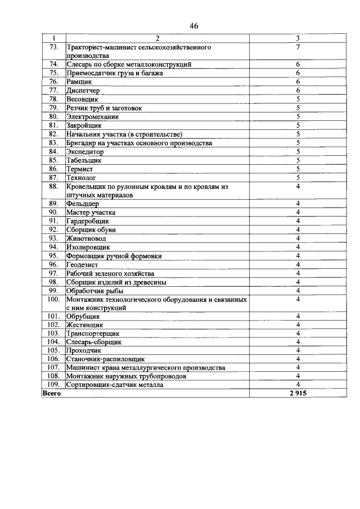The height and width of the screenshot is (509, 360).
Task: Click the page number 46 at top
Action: click(x=194, y=26)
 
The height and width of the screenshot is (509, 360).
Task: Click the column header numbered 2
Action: click(x=157, y=39)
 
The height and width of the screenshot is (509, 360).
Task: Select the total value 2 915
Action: click(x=298, y=394)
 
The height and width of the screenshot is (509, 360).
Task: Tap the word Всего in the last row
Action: click(x=52, y=394)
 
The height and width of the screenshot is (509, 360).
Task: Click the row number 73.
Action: click(x=54, y=48)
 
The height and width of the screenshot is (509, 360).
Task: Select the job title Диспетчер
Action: click(x=83, y=90)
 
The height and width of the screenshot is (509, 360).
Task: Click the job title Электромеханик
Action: click(x=92, y=116)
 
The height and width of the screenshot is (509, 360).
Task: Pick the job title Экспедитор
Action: click(x=85, y=151)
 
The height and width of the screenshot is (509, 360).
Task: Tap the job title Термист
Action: click(x=79, y=169)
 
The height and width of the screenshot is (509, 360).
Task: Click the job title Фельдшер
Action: click(x=83, y=204)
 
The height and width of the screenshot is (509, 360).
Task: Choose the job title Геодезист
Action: click(x=82, y=264)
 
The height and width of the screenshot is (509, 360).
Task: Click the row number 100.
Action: click(x=54, y=300)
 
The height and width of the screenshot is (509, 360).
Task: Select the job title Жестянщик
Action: click(x=84, y=325)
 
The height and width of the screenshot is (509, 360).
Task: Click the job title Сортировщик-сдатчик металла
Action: click(x=115, y=385)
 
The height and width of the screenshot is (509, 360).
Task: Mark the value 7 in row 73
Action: click(x=298, y=48)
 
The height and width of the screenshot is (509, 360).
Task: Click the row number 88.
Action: click(x=54, y=186)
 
